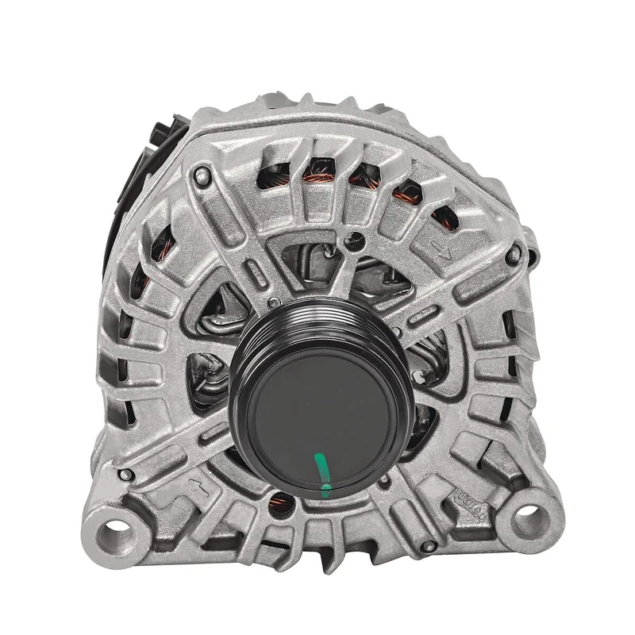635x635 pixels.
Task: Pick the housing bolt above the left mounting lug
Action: coord(123,475)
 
